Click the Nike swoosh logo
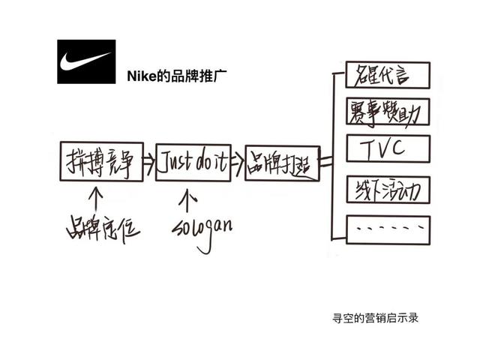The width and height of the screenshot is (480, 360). coord(86,61)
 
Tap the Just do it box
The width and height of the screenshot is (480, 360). coord(193,162)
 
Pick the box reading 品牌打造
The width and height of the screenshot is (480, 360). coord(282,163)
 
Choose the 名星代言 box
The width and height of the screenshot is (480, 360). coord(388,75)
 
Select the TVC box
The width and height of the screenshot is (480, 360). coord(388,148)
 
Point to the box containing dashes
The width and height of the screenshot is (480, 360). coord(388,227)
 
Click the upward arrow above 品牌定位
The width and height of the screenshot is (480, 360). coord(95,197)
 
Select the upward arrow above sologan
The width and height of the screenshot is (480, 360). coord(188,199)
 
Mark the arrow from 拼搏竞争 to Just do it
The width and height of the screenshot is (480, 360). coord(148,160)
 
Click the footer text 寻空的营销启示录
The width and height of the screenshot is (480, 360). coord(375,317)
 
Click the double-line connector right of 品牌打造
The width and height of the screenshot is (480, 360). coord(325,161)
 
